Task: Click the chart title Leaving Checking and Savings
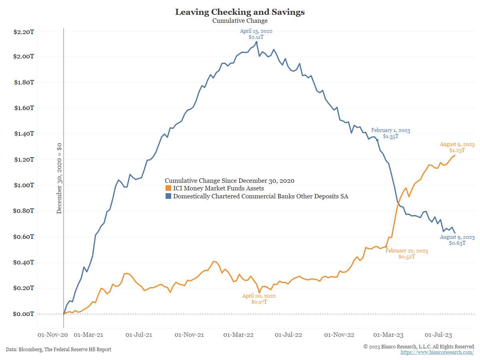240,12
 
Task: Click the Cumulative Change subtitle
240,21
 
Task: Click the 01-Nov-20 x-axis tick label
50,334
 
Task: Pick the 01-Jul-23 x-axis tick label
438,334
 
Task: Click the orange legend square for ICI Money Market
168,188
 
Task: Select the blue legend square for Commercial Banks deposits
168,196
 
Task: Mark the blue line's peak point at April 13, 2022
256,42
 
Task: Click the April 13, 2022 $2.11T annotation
256,34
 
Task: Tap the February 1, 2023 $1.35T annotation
390,134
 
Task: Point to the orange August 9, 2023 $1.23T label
457,148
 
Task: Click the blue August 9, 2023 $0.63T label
457,240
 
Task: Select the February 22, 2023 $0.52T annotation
406,254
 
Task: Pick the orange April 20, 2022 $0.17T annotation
259,299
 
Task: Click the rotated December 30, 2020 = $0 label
59,178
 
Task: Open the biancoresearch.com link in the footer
437,352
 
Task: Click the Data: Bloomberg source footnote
58,349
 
